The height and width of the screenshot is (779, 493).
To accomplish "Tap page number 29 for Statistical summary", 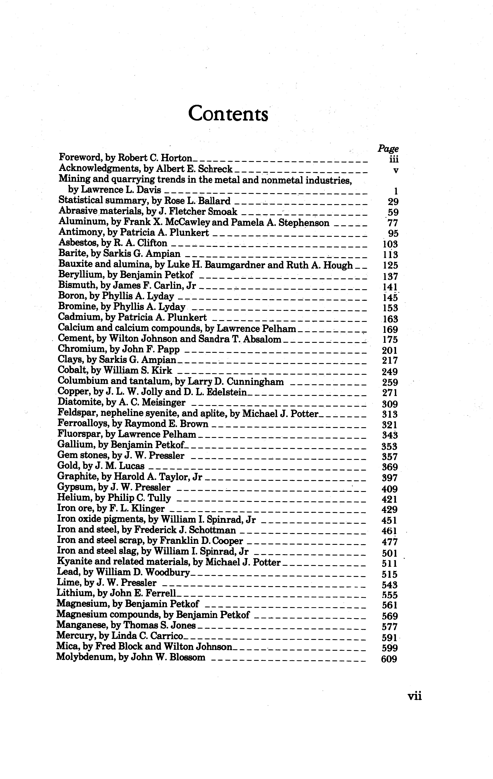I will pyautogui.click(x=393, y=202).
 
